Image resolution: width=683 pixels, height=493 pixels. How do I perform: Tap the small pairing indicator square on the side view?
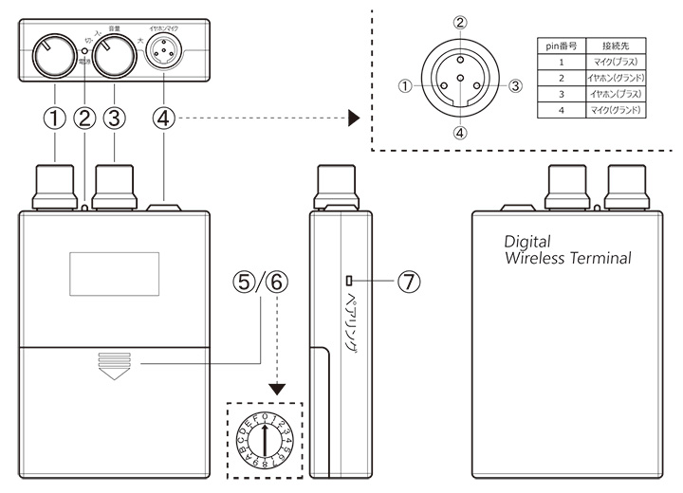[350, 280]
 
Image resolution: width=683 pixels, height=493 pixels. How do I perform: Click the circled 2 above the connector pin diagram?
[459, 23]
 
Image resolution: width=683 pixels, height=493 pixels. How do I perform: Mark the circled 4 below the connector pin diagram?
[459, 133]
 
